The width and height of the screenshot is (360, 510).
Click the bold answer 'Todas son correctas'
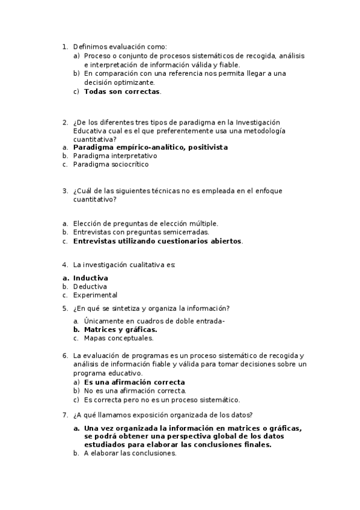pyautogui.click(x=122, y=91)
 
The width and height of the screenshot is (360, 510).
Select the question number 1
pyautogui.click(x=65, y=46)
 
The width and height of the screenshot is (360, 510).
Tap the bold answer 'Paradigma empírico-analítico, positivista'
pyautogui.click(x=150, y=147)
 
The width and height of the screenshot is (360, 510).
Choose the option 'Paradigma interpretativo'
pyautogui.click(x=115, y=155)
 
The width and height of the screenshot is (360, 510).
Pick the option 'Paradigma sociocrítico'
pyautogui.click(x=111, y=164)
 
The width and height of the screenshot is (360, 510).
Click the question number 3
pyautogui.click(x=65, y=191)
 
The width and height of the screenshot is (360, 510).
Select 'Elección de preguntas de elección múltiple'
pyautogui.click(x=145, y=223)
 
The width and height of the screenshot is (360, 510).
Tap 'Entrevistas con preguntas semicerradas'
pyautogui.click(x=141, y=232)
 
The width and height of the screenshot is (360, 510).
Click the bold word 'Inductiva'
pyautogui.click(x=91, y=278)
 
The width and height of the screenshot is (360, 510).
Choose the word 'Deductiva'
pyautogui.click(x=90, y=287)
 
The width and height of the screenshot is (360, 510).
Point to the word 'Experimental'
pyautogui.click(x=95, y=295)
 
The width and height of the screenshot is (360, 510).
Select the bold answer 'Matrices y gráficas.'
pyautogui.click(x=120, y=330)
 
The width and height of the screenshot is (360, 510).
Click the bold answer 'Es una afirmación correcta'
pyautogui.click(x=134, y=382)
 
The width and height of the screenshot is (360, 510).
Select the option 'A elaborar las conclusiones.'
pyautogui.click(x=130, y=453)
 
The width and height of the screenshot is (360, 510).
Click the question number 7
pyautogui.click(x=65, y=414)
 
